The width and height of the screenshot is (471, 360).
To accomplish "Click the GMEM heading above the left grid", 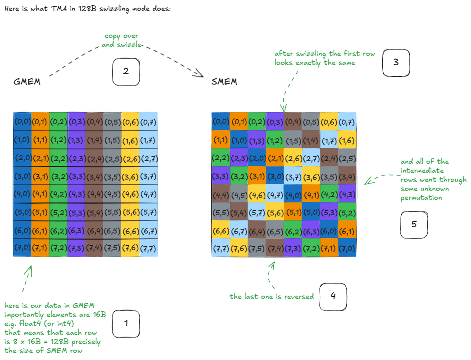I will tap(27, 82).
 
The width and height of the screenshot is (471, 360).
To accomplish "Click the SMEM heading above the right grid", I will tap(224, 82).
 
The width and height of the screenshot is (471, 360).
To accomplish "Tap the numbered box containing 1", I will tap(126, 324).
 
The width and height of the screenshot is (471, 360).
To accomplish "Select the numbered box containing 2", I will tap(126, 72).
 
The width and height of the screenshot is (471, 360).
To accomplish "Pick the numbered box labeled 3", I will tap(396, 63).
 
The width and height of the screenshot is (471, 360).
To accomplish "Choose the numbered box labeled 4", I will tap(333, 297).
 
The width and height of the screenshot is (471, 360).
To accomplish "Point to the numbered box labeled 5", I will tap(414, 224).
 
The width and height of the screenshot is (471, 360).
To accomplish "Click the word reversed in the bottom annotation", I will tap(299, 297).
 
